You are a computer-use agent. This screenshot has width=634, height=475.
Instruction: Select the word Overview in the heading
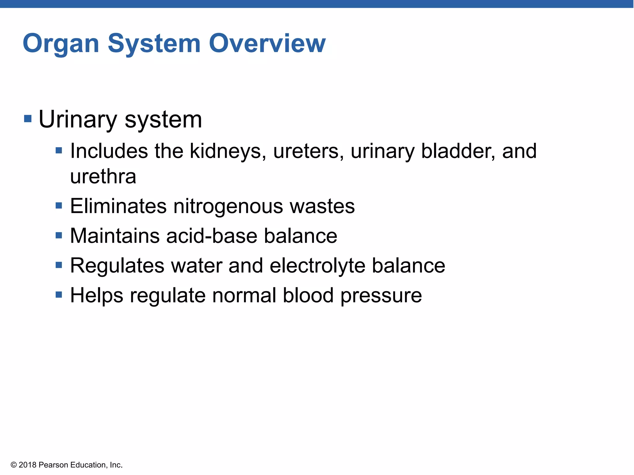click(267, 43)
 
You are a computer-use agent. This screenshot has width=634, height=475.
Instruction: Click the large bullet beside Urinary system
click(28, 119)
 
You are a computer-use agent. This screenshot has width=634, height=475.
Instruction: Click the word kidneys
click(228, 152)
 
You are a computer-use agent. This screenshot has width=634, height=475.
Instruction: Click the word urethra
click(103, 177)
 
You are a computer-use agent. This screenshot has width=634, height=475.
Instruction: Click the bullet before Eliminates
click(59, 206)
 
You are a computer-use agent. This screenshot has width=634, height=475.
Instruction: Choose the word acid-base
click(212, 236)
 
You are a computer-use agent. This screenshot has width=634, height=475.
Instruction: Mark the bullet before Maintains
click(59, 236)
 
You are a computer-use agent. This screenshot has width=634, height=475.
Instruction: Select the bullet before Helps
click(59, 295)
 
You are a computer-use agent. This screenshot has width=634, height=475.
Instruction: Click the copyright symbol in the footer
click(14, 465)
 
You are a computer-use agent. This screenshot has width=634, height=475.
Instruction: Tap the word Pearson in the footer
click(54, 465)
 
